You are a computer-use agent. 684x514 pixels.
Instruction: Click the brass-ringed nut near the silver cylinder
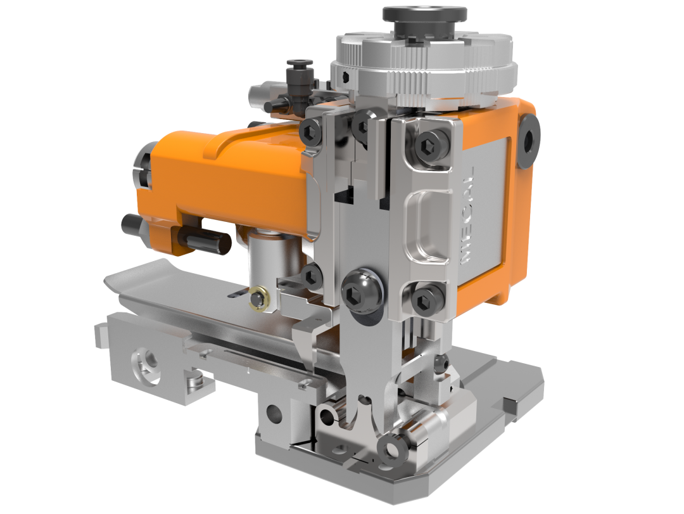pos(258,299)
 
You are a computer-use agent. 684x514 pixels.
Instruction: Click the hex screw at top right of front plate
pos(428,144)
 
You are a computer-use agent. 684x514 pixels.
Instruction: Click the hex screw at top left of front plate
pos(313,131)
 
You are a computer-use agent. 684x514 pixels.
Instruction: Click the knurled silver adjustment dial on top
pos(424,70)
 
